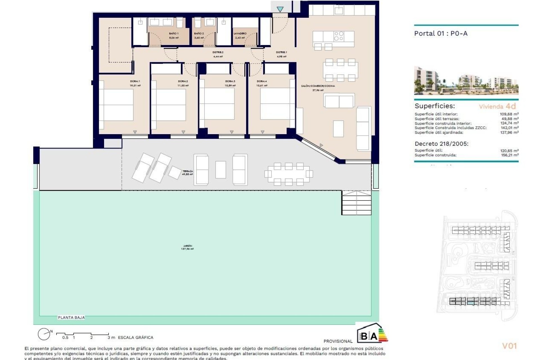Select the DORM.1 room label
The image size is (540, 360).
135,81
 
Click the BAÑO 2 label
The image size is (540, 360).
199,33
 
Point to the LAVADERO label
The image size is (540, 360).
240,33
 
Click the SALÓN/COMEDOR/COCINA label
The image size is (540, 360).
318,86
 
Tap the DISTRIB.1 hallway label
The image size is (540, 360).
281,52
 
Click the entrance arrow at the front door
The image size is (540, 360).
280,9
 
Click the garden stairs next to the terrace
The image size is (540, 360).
356,203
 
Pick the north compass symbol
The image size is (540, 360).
44,334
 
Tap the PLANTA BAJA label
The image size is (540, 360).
71,318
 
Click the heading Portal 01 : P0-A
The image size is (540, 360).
441,33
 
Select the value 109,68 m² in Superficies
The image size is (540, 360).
509,114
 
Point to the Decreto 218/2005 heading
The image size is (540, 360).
441,144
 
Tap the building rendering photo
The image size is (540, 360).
466,80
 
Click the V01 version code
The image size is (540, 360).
509,346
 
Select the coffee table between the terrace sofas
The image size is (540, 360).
220,170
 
